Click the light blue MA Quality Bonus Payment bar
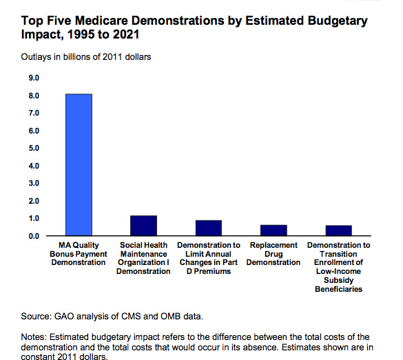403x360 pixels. (x=79, y=165)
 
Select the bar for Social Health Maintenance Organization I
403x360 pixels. (x=143, y=226)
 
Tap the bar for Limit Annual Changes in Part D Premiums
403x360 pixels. (x=209, y=228)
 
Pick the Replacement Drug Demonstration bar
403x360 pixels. (x=273, y=231)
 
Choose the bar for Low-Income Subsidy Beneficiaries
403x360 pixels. (x=338, y=231)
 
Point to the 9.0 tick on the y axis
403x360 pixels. (x=34, y=78)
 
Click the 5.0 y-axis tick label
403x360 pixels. (x=34, y=148)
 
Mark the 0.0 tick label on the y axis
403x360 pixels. (x=34, y=236)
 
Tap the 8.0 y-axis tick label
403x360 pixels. (x=34, y=96)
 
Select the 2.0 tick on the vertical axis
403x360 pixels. (x=34, y=201)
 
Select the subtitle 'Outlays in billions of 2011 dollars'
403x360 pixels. (x=86, y=56)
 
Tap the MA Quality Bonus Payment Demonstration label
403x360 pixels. (x=79, y=254)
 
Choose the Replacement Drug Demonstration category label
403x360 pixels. (x=273, y=254)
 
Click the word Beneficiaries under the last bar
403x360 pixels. (x=338, y=289)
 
